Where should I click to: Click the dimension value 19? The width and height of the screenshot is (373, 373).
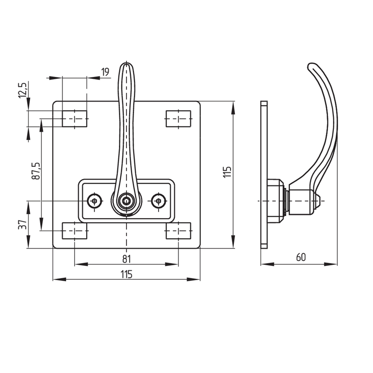tap(105, 72)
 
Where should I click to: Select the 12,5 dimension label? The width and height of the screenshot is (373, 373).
tap(23, 90)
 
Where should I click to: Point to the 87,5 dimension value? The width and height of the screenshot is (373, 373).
tap(36, 171)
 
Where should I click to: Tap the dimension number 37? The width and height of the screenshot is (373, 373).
tap(22, 225)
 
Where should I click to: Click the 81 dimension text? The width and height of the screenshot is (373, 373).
tap(126, 259)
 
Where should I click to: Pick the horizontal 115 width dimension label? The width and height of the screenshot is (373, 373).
tap(126, 274)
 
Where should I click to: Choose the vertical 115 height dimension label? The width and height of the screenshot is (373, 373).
tap(227, 172)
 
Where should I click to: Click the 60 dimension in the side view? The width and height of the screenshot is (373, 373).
tap(301, 257)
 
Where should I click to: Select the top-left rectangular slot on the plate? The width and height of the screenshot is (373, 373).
tap(75, 118)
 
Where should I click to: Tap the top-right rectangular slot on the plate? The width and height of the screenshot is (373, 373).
tap(179, 118)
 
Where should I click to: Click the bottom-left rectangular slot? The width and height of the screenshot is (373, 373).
tap(75, 231)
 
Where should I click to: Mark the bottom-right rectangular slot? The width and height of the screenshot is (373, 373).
tap(179, 231)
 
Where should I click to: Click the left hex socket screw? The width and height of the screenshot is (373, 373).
tap(95, 201)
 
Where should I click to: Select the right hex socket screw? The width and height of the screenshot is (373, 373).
tap(159, 201)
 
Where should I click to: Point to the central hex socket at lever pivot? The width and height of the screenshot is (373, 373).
tap(126, 201)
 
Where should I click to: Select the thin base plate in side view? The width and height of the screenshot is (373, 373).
tap(264, 175)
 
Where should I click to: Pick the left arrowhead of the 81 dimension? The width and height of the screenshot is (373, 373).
tap(81, 264)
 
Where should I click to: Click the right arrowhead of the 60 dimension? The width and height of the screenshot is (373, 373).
tap(331, 264)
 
